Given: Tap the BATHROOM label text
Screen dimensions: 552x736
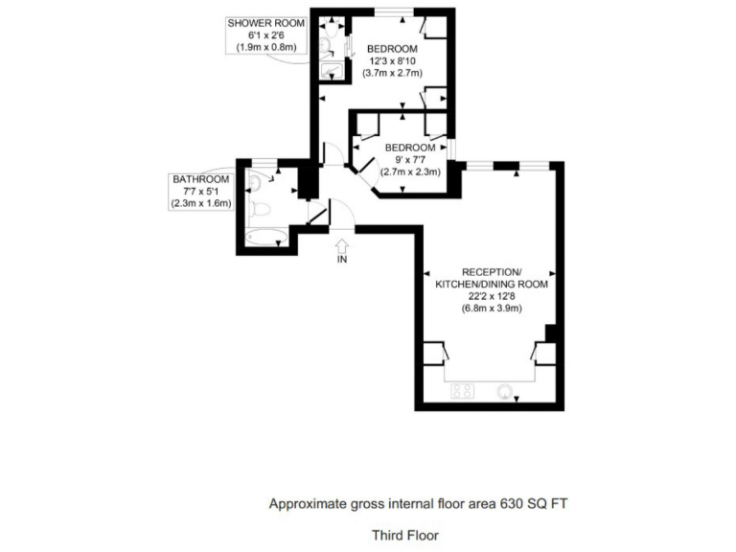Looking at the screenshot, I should (x=200, y=179).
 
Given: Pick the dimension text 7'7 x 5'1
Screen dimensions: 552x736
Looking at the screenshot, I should (x=200, y=192).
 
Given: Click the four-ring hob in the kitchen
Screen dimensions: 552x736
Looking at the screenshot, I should (x=463, y=390).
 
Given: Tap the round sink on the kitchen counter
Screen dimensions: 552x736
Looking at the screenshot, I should (x=506, y=391).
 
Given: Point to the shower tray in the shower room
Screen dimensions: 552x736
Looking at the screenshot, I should (x=333, y=70).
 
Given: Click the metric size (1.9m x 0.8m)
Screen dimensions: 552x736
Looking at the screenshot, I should (x=267, y=47).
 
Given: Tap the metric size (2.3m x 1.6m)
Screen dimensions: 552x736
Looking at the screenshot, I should (x=200, y=204).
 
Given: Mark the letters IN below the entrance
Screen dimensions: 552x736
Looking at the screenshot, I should (x=343, y=260).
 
